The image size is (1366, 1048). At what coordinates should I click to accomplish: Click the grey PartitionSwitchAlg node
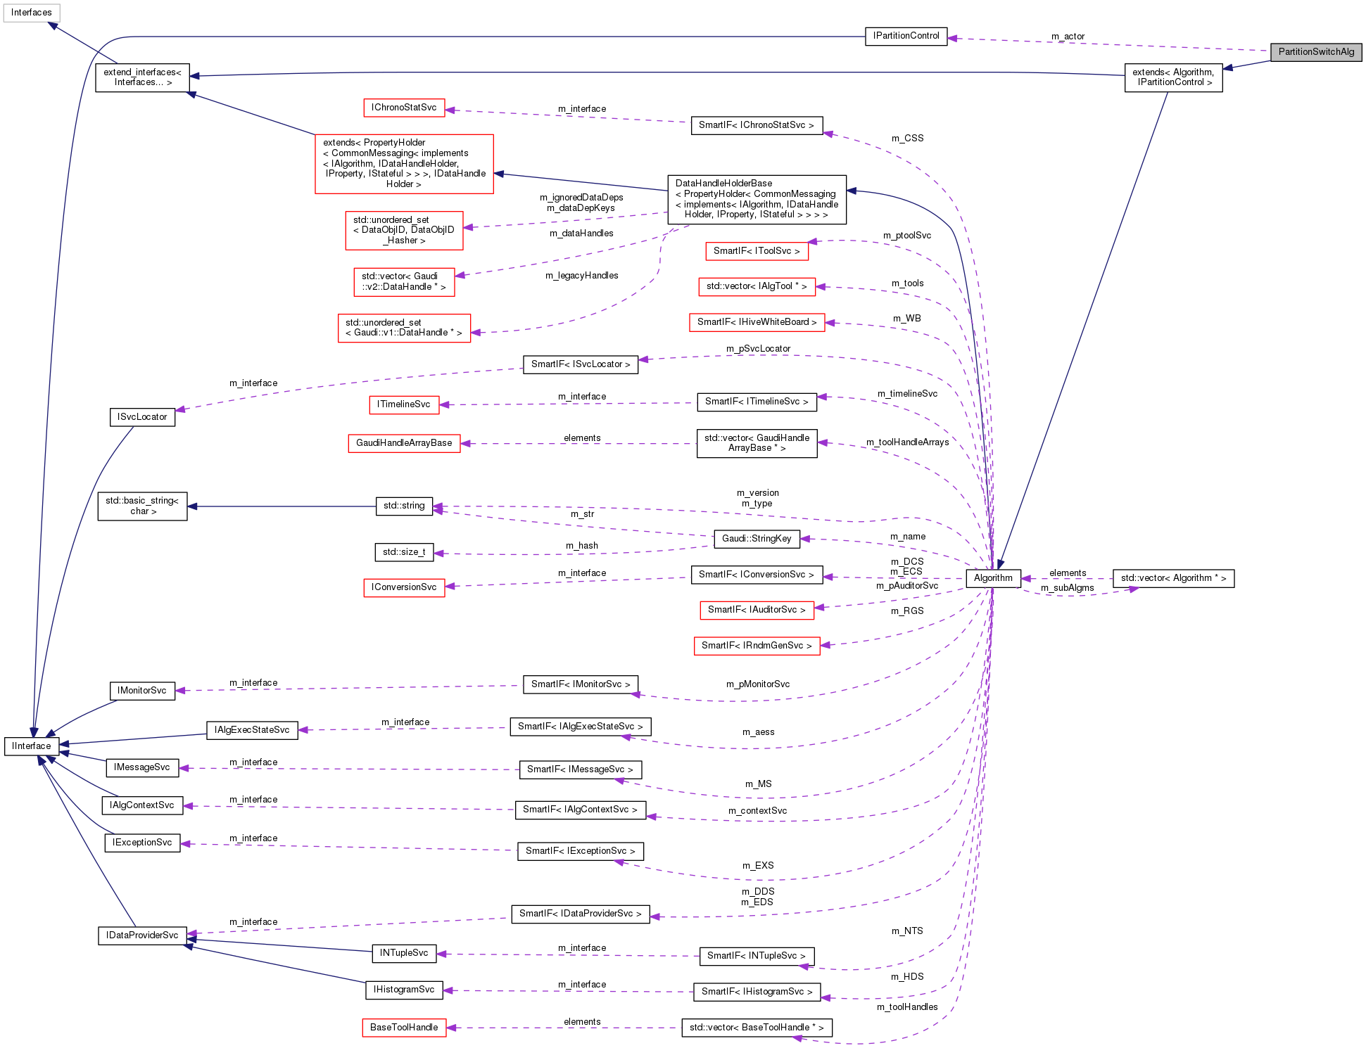1315,52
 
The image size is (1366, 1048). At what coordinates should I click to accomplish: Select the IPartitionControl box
905,36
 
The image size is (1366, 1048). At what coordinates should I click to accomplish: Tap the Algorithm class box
992,578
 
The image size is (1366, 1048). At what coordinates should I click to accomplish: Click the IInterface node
32,746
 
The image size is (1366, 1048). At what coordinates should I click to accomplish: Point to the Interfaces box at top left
32,13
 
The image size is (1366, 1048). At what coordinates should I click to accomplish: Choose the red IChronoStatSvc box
404,108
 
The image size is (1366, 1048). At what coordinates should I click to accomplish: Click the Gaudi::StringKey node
756,539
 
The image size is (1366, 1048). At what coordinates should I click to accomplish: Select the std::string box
404,506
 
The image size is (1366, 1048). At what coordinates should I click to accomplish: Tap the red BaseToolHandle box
404,1028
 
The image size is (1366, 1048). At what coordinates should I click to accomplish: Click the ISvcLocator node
142,417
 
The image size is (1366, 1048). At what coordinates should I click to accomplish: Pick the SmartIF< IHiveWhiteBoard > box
757,322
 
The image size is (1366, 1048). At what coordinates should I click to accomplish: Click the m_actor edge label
1068,37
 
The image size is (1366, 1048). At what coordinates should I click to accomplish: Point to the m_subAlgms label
1067,588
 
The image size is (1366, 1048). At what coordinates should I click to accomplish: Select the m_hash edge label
581,546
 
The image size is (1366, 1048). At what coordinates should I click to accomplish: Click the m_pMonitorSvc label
757,684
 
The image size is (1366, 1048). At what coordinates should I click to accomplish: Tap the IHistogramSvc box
404,990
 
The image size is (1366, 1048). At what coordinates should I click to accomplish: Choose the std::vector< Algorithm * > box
1172,578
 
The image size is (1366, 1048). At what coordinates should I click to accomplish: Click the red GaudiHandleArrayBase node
404,443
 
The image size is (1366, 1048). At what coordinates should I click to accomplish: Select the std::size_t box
404,552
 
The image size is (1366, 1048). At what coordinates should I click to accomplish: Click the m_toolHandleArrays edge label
906,442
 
